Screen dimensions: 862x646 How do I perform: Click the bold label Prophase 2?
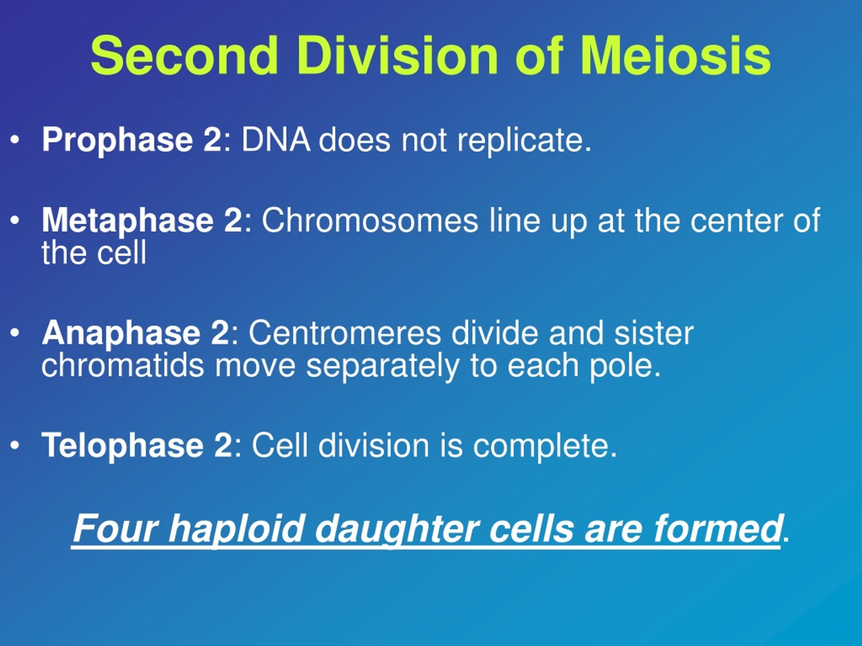pos(132,141)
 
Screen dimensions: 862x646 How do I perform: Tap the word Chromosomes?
pos(369,220)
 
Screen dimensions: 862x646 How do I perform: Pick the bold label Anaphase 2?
pos(136,333)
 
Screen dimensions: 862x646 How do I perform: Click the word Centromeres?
pos(345,333)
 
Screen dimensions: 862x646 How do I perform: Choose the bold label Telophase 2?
pos(137,445)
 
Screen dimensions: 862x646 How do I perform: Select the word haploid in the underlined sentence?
pos(237,529)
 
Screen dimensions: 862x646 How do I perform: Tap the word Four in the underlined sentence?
pos(116,529)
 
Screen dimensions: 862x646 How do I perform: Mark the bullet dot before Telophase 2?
pos(15,446)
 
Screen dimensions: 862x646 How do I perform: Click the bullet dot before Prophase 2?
pos(15,141)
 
